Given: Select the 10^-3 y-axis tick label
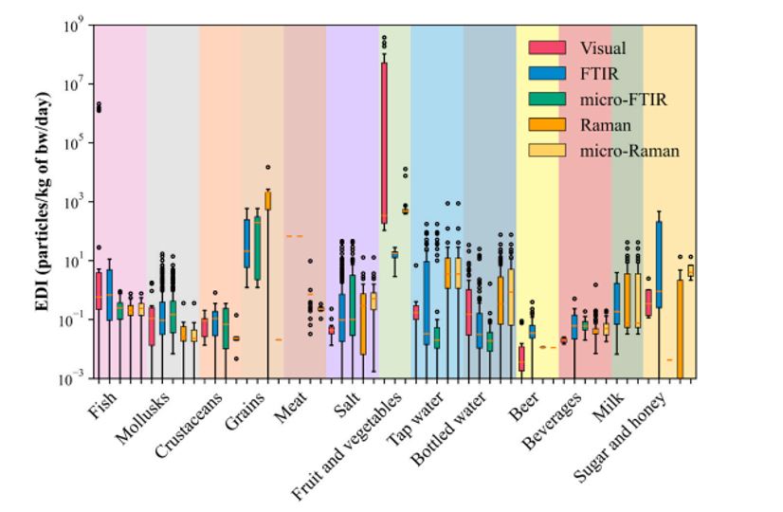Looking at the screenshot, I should (74, 380).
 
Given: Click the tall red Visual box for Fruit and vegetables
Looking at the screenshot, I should (384, 142).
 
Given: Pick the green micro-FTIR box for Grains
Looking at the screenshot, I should (257, 248).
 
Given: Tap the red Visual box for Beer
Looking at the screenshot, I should (521, 358).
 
